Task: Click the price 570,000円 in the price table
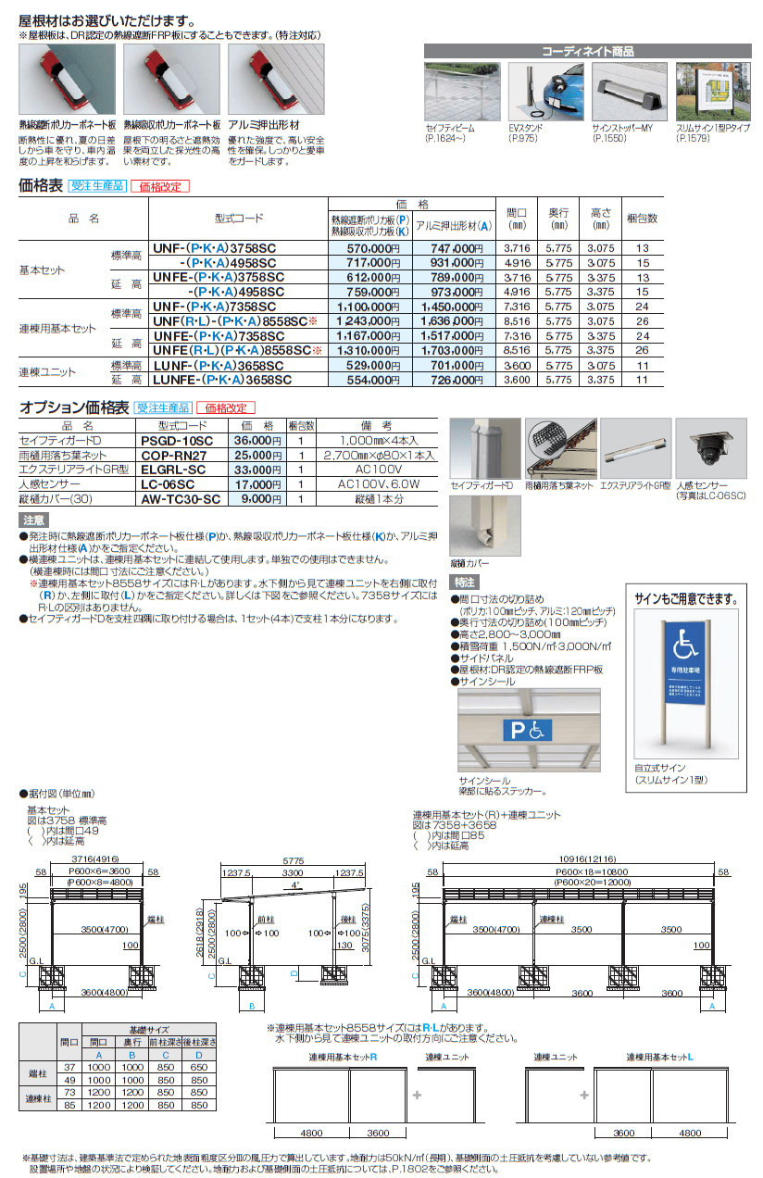[367, 248]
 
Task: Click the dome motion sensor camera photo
[709, 447]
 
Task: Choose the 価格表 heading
[42, 185]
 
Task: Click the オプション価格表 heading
[74, 407]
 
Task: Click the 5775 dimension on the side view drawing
[291, 860]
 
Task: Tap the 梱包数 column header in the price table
[642, 219]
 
